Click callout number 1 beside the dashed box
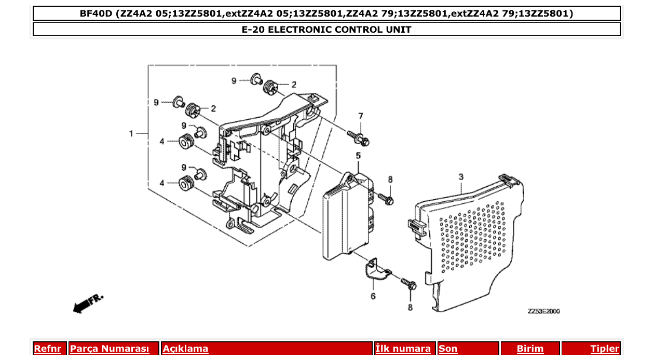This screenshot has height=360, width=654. coord(131,134)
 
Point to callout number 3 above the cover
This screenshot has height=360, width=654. coord(461,177)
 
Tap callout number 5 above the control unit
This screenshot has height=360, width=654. coord(358,156)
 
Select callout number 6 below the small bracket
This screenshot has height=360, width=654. coord(373,297)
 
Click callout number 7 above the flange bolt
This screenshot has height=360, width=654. coord(361,116)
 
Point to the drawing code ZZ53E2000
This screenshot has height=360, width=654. coord(543,311)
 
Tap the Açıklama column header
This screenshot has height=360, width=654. coord(185,349)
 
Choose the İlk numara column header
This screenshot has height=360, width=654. coord(403,349)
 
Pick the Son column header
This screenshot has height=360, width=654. coord(448,349)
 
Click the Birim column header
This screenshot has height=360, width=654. coord(530,349)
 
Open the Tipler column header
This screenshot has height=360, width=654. coord(604,349)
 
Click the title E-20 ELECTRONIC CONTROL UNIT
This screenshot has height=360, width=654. coord(326,30)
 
